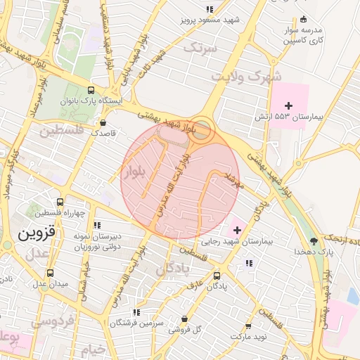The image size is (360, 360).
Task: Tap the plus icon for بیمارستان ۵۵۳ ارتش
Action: pyautogui.click(x=288, y=105)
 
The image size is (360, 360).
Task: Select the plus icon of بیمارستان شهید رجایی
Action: pyautogui.click(x=237, y=230)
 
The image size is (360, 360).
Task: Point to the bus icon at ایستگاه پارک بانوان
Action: pyautogui.click(x=91, y=90)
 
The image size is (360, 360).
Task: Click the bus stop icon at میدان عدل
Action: pyautogui.click(x=49, y=273)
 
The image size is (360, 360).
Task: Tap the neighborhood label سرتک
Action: pyautogui.click(x=200, y=47)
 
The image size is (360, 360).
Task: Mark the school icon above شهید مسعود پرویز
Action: pyautogui.click(x=209, y=10)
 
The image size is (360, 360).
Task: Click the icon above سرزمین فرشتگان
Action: pyautogui.click(x=136, y=311)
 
